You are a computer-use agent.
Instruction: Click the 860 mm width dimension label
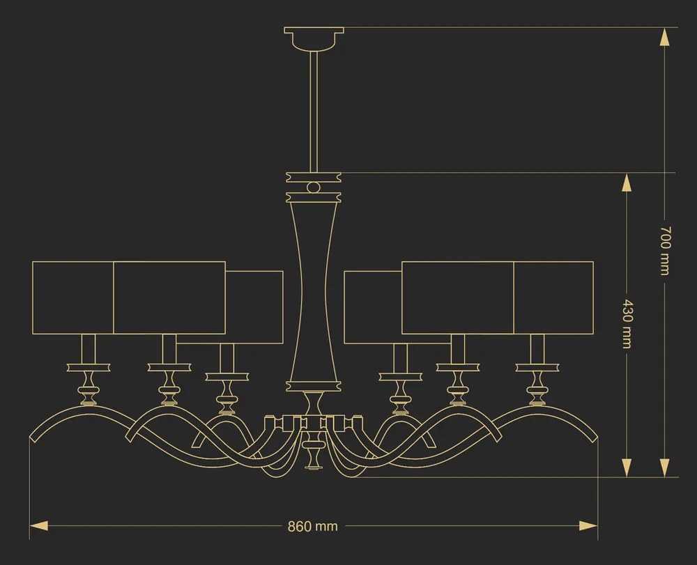[x=312, y=527]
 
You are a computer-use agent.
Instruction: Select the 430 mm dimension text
[x=627, y=324]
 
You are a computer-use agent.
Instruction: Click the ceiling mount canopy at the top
[x=314, y=38]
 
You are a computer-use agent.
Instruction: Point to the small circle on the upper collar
[x=314, y=187]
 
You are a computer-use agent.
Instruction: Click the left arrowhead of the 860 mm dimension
[x=38, y=527]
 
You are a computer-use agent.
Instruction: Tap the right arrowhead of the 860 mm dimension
[x=588, y=527]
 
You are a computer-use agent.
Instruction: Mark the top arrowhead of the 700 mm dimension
[x=664, y=37]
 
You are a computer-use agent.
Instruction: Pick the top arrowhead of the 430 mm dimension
[x=627, y=183]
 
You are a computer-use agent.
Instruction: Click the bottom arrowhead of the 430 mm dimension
[x=627, y=467]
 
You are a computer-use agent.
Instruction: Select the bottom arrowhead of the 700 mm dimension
[x=664, y=467]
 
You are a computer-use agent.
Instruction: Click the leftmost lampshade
[x=73, y=297]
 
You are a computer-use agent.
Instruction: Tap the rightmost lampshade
[x=553, y=297]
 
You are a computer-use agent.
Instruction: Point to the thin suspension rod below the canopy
[x=314, y=111]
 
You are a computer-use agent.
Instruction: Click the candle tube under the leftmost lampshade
[x=89, y=349]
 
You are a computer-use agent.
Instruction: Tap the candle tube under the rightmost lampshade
[x=537, y=349]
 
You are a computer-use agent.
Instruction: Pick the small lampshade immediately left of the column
[x=254, y=307]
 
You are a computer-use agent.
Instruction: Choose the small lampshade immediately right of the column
[x=373, y=307]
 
